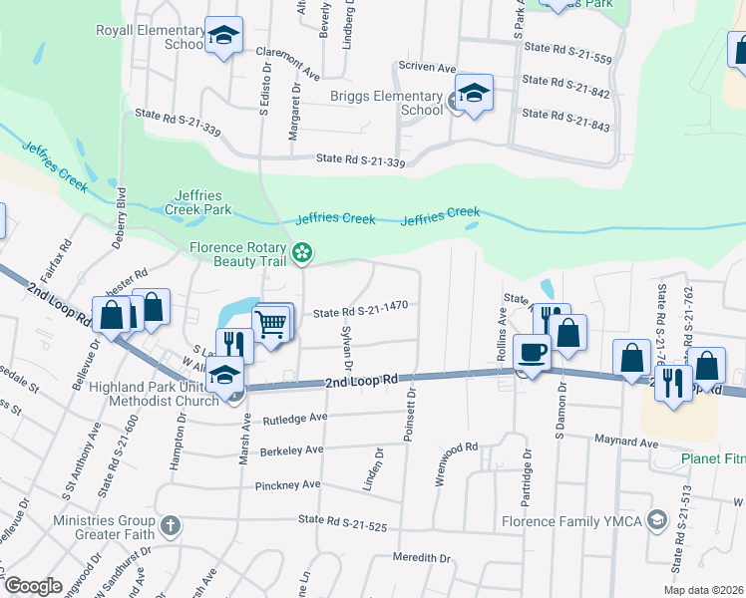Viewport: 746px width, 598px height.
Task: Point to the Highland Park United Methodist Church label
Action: [x=155, y=394]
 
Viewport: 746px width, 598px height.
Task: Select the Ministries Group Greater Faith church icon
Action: [x=171, y=524]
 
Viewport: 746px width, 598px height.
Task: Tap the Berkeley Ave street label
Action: [x=291, y=450]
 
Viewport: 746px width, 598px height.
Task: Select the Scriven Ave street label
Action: [x=427, y=66]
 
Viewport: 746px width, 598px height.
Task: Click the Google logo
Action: [x=33, y=586]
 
